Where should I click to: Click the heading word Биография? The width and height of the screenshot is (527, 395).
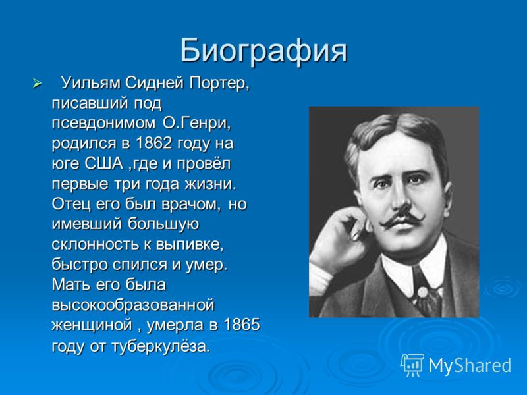pyautogui.click(x=263, y=51)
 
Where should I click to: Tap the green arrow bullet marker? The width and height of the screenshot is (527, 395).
pyautogui.click(x=37, y=84)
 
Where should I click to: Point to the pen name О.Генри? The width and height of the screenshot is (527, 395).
pyautogui.click(x=197, y=124)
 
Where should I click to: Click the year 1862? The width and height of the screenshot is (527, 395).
pyautogui.click(x=154, y=144)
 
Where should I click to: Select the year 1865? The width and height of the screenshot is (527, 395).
pyautogui.click(x=242, y=325)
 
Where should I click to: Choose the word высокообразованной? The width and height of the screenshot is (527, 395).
pyautogui.click(x=133, y=305)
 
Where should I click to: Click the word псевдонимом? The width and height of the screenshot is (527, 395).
pyautogui.click(x=104, y=124)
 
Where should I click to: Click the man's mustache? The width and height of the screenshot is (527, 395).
pyautogui.click(x=402, y=219)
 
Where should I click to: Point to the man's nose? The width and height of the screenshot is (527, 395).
pyautogui.click(x=400, y=198)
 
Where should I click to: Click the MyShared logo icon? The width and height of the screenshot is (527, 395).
pyautogui.click(x=412, y=365)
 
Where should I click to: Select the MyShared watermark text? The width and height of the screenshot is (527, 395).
pyautogui.click(x=470, y=365)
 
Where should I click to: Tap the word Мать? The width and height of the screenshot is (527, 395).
pyautogui.click(x=71, y=285)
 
